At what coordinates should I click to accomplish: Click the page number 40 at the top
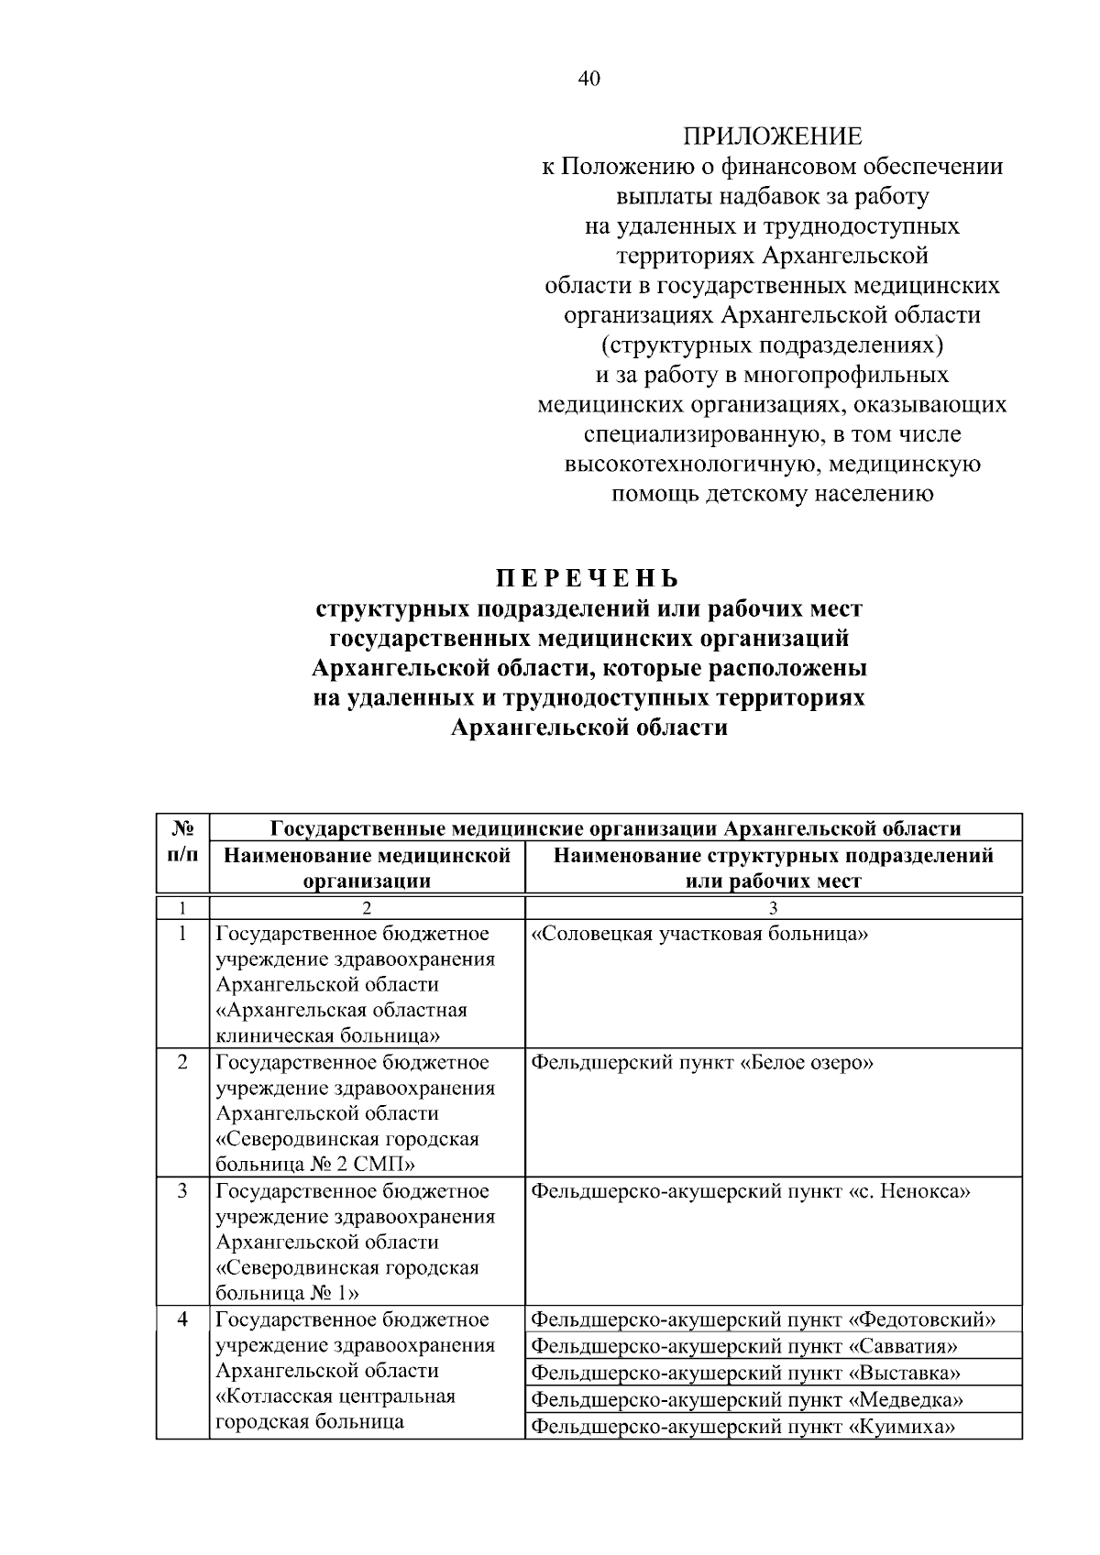click(588, 79)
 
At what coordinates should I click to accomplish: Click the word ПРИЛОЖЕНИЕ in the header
click(772, 137)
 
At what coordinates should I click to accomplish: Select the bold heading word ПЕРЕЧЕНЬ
click(588, 579)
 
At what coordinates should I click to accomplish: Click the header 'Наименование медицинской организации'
click(368, 868)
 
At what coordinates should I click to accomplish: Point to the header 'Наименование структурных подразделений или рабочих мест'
click(774, 868)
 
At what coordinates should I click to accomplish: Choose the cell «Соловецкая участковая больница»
click(699, 935)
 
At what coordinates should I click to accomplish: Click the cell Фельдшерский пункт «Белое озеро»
click(702, 1063)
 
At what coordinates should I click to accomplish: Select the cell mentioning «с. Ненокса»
click(751, 1191)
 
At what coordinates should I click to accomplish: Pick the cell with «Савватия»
click(744, 1346)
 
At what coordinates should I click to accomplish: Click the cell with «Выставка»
click(746, 1373)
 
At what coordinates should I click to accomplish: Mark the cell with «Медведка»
click(747, 1399)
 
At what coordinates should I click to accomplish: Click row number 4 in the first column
click(182, 1320)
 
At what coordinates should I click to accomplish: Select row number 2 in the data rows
click(182, 1063)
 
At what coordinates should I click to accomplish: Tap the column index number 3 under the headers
click(773, 907)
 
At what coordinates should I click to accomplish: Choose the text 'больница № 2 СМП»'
click(315, 1165)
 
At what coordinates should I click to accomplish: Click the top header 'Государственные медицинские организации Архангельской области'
click(615, 828)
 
